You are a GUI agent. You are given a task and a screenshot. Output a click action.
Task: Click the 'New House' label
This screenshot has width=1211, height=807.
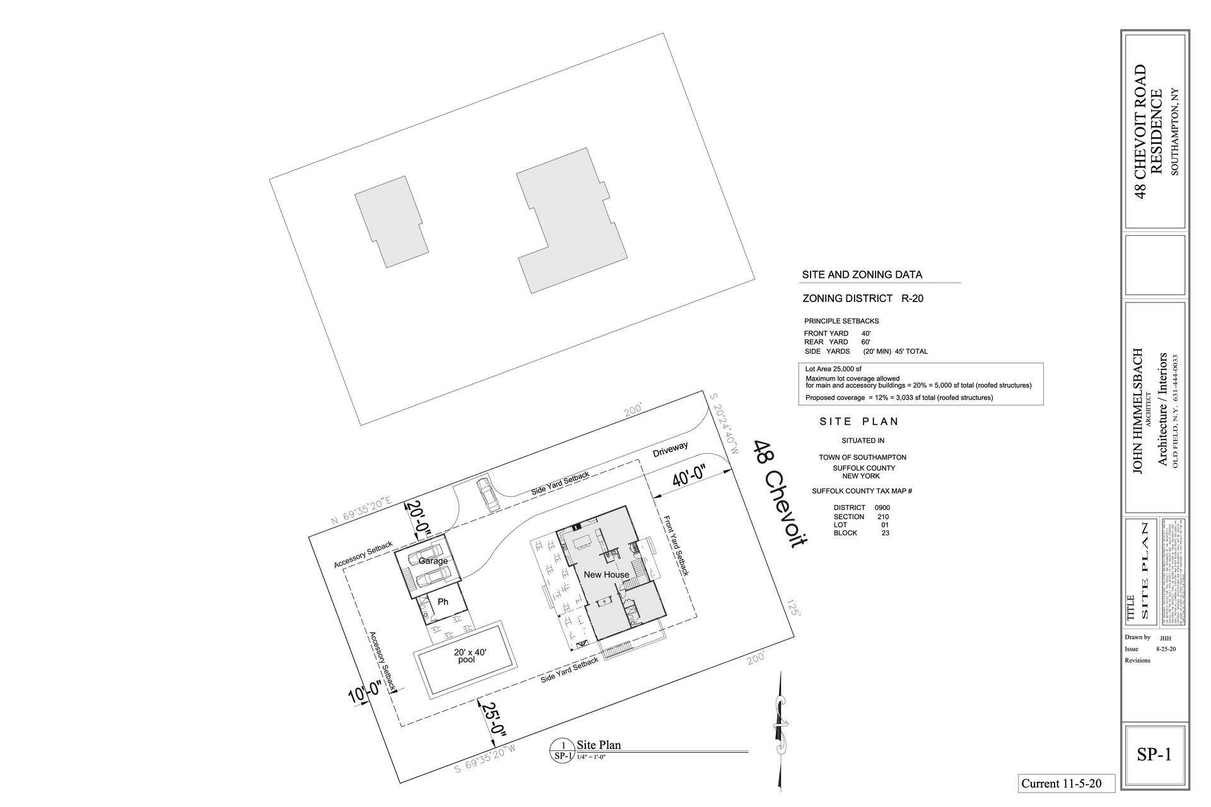coord(606,574)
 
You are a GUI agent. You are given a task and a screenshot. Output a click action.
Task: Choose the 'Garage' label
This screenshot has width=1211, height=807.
coord(433,561)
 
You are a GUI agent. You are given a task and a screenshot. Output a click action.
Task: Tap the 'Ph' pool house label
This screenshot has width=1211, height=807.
coord(443,601)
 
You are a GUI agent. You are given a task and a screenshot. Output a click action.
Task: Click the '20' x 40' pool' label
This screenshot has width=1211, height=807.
coord(469,656)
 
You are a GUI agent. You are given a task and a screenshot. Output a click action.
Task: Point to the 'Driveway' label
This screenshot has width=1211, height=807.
coord(670,449)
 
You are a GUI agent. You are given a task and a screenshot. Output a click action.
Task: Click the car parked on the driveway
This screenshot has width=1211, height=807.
coord(488,494)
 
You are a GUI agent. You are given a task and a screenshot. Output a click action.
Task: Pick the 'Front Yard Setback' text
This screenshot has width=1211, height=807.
coord(676,545)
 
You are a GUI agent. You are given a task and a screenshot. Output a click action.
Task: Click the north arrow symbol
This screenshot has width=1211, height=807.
coord(781,731)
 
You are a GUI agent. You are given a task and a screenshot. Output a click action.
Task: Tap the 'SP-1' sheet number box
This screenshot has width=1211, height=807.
coord(1154,754)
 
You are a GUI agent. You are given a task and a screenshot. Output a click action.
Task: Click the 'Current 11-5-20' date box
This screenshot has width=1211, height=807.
coord(1066,783)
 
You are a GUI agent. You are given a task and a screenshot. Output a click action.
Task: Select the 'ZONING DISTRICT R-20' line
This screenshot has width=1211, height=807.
coord(862,298)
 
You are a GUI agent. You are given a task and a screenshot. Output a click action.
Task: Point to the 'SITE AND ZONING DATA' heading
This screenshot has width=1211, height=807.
coord(862,275)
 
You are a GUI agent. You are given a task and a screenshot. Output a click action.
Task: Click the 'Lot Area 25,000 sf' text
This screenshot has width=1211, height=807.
coord(833,369)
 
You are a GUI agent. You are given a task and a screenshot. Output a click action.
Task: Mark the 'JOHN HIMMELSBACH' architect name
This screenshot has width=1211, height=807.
coord(1138,410)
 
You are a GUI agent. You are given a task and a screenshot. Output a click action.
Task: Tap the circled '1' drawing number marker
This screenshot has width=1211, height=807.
coord(563,745)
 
